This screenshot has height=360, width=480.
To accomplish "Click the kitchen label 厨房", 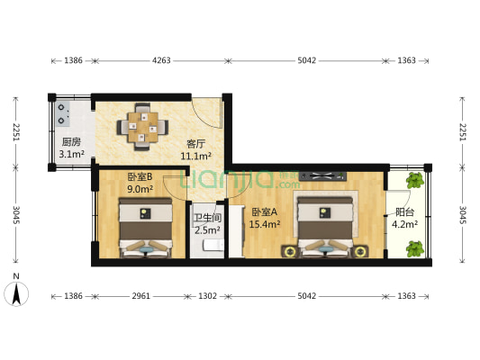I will point(71,142).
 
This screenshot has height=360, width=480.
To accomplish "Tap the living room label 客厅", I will point(196,143).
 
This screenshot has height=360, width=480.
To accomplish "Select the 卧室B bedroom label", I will point(140,176).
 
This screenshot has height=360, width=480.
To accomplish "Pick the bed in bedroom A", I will point(322,229).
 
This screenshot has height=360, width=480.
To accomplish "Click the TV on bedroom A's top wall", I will point(322,175).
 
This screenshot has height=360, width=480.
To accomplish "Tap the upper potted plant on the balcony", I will point(415,180).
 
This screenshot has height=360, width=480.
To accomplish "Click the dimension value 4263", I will point(161,61).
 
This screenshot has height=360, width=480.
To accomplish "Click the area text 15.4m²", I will point(266,224).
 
